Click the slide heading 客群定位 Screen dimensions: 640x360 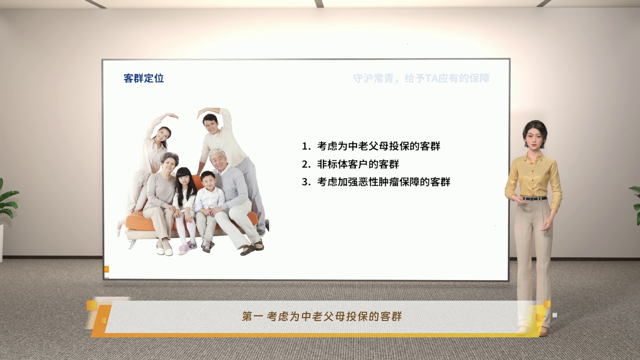coord(144,78)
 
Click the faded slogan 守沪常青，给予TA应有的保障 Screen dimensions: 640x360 coord(421,79)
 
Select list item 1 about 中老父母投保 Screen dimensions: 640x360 coord(371,146)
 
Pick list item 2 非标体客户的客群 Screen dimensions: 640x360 coord(350,164)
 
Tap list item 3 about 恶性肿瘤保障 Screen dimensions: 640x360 coord(376,182)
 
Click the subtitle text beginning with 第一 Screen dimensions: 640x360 coord(322,316)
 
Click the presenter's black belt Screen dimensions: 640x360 coord(534,198)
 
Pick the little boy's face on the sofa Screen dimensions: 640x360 coord(208,182)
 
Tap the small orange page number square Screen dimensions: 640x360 coord(106,269)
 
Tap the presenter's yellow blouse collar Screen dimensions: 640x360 coord(533,156)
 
